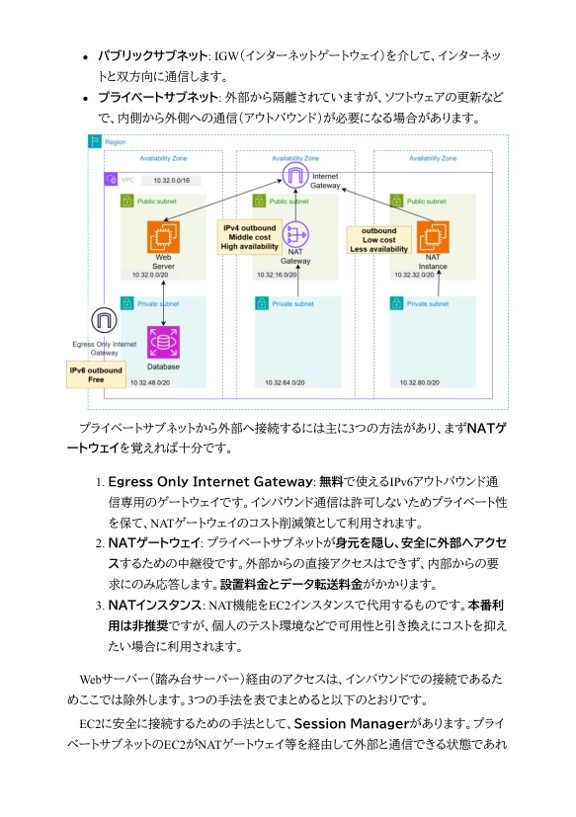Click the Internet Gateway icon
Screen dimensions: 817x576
point(294,177)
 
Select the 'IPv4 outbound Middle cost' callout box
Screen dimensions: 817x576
point(249,237)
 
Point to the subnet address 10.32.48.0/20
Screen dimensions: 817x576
point(151,382)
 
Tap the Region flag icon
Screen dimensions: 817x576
point(96,142)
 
